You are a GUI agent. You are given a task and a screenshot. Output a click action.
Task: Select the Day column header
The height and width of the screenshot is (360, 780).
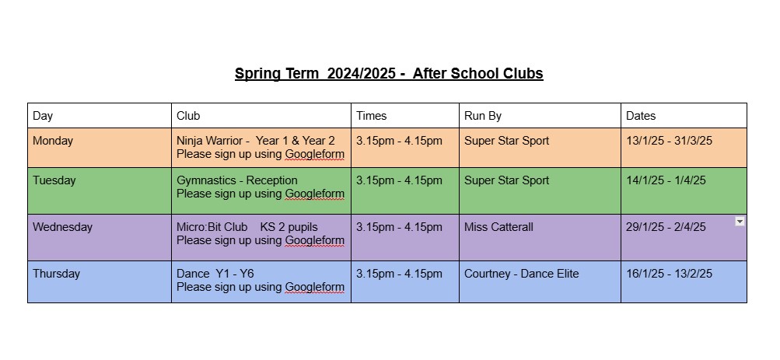tap(43, 116)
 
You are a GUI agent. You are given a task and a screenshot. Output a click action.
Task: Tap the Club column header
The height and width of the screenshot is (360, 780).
tap(188, 116)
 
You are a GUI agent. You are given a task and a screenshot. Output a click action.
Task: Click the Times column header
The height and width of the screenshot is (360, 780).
tap(371, 116)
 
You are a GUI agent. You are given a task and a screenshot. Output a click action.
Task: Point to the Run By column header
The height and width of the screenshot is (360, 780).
tap(482, 116)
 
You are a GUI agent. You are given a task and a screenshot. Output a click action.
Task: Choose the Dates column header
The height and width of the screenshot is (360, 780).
tap(641, 116)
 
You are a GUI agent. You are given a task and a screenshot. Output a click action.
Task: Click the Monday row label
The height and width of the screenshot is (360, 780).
tap(53, 141)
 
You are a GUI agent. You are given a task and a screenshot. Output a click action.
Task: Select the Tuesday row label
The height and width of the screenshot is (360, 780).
tap(54, 180)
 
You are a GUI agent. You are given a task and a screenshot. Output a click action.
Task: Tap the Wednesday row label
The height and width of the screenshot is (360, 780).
tap(63, 227)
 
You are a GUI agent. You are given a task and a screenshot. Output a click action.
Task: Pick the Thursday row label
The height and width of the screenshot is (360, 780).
tap(56, 274)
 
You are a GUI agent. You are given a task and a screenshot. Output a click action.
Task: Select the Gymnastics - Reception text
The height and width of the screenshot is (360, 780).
tap(236, 180)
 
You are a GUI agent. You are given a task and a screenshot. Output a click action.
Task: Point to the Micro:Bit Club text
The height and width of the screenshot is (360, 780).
tap(212, 227)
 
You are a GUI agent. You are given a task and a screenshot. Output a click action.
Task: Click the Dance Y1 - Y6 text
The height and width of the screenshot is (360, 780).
tap(215, 274)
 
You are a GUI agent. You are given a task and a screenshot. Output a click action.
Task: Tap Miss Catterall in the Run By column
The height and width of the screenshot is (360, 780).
tap(498, 227)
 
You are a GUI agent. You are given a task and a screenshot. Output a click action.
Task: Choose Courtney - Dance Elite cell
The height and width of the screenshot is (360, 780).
tap(521, 274)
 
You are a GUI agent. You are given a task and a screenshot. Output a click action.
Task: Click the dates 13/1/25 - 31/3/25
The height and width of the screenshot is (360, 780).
tap(669, 141)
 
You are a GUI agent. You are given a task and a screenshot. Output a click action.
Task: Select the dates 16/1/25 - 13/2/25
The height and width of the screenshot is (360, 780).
tap(669, 274)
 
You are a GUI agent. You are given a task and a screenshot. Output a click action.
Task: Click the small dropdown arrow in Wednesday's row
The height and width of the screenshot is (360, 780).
tap(740, 222)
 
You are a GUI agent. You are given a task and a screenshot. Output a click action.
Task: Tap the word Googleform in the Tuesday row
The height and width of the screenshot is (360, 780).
tap(314, 194)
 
